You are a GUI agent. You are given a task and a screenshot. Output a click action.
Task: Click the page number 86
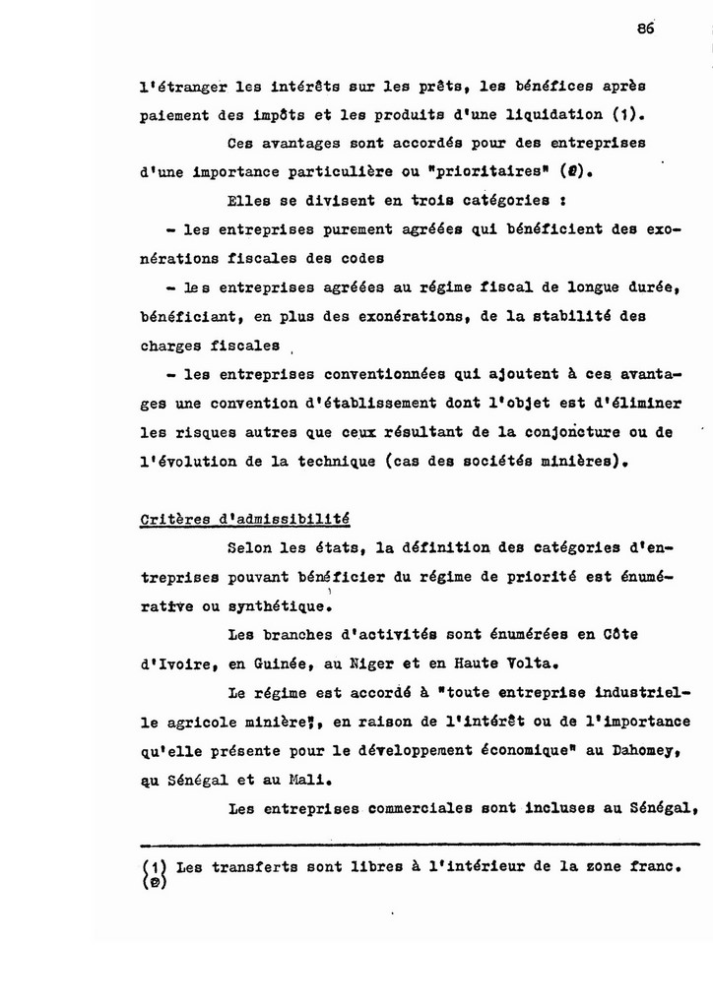645,30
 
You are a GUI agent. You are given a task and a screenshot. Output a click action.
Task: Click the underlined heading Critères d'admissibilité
245,520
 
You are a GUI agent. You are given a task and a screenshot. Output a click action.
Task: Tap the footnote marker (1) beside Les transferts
152,867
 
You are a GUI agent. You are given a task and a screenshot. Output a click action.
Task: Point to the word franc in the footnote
658,867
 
